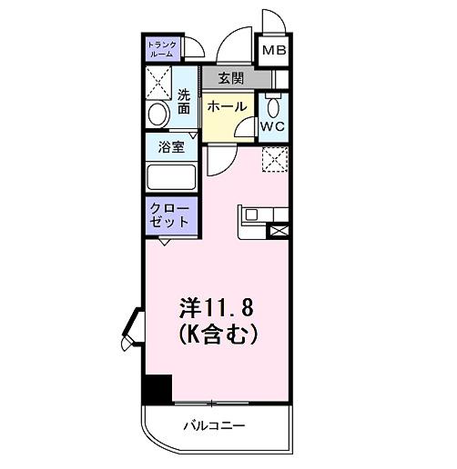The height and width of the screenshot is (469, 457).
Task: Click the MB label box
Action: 274,50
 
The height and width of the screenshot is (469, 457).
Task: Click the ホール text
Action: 226,107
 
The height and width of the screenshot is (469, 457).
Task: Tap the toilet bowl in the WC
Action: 273,103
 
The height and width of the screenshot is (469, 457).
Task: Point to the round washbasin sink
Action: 158,115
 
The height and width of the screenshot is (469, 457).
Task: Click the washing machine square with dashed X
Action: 160,84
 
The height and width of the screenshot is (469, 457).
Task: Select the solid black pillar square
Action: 157,389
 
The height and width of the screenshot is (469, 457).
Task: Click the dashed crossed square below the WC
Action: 274,159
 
